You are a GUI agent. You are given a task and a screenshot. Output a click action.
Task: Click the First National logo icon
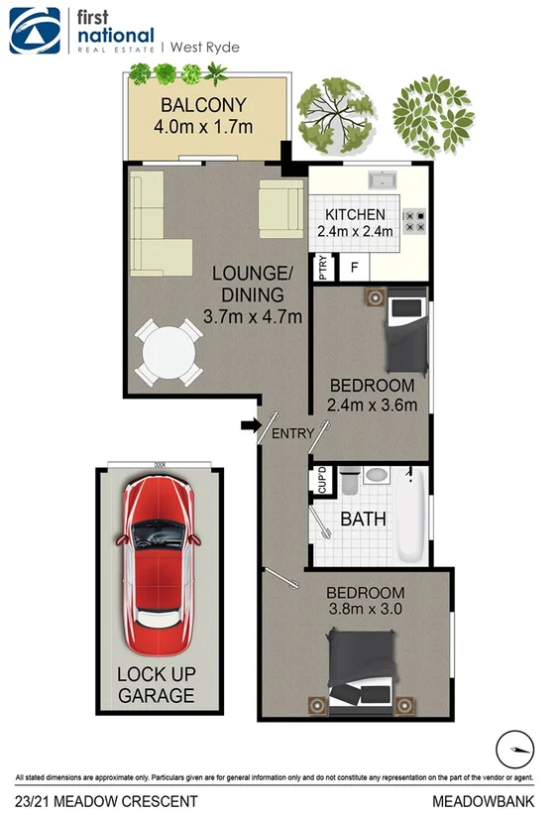(33, 30)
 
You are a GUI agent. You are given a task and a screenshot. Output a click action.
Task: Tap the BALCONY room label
(204, 105)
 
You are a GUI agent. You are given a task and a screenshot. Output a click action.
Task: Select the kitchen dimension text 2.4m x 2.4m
(355, 231)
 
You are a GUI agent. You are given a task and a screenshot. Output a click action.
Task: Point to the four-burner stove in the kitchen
(414, 219)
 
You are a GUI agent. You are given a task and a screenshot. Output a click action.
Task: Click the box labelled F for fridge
(354, 267)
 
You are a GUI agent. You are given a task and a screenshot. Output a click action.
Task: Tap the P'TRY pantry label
(322, 268)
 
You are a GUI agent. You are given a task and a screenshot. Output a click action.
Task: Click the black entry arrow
(248, 425)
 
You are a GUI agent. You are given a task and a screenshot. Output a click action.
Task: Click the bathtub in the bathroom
(412, 516)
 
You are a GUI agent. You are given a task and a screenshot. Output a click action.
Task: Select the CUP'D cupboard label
(322, 481)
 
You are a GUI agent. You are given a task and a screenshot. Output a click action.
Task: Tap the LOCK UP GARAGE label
(157, 684)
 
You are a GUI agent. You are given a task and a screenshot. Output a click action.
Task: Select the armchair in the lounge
(280, 208)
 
